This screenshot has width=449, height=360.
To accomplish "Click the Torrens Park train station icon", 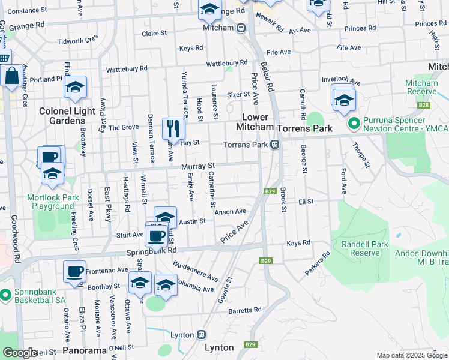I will tap(274, 145).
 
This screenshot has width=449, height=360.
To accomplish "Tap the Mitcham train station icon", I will tap(240, 28).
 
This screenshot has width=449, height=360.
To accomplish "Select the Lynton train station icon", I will tap(202, 334).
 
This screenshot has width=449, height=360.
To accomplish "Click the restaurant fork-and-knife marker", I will tap(173, 128).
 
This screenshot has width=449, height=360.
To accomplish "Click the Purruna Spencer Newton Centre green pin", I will tap(354, 124).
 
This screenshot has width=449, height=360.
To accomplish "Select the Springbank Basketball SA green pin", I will tap(5, 295).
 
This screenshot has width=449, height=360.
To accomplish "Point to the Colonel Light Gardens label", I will tap(62, 116).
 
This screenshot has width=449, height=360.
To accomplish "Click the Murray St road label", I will tap(198, 166).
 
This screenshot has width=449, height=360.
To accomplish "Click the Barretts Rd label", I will tap(245, 310).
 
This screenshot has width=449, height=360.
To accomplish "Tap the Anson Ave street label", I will tap(231, 211).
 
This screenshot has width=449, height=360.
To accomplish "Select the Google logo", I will tap(19, 353).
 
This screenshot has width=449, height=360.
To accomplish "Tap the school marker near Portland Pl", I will tap(75, 88).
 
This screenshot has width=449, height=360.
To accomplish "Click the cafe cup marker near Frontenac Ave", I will tap(74, 271).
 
